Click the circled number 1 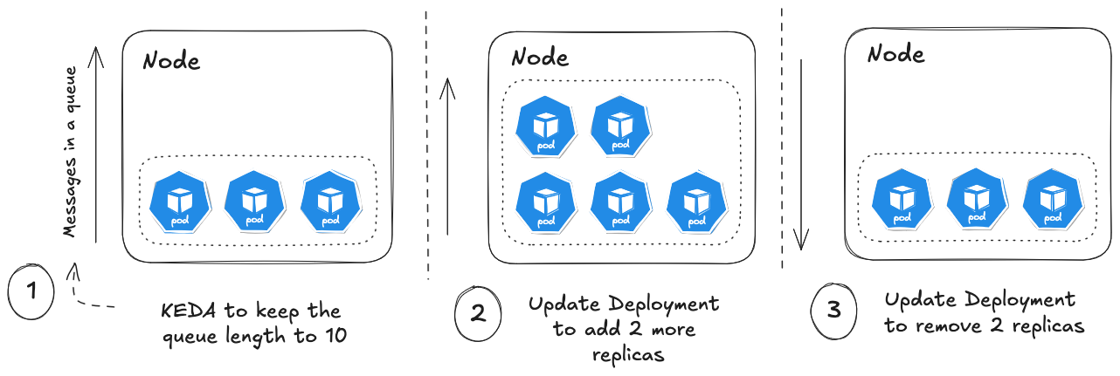tap(31, 291)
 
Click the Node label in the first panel tap(171, 61)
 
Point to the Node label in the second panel tap(539, 58)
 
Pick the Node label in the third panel tap(895, 54)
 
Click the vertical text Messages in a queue tap(70, 152)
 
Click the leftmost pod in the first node tap(178, 202)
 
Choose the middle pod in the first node tap(255, 202)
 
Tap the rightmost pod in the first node tap(330, 202)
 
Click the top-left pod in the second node tap(544, 125)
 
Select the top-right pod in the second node tap(619, 125)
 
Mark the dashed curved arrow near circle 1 tap(87, 292)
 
